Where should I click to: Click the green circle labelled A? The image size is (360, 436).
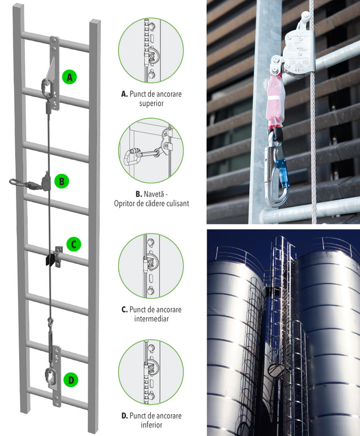(x=70, y=77)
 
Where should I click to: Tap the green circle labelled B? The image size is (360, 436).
(x=62, y=181)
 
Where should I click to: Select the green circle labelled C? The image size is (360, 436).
(x=74, y=244)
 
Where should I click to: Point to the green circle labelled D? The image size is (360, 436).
(x=71, y=380)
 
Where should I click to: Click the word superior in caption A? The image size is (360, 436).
(x=151, y=104)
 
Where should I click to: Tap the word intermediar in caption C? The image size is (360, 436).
(x=151, y=318)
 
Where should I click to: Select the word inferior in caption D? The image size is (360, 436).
(x=151, y=425)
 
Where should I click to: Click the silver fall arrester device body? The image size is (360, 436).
(x=299, y=53)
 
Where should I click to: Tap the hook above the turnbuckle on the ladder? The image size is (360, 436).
(x=50, y=322)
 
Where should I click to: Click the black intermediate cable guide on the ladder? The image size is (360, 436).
(x=49, y=260)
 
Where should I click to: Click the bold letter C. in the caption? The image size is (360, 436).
(x=124, y=309)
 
